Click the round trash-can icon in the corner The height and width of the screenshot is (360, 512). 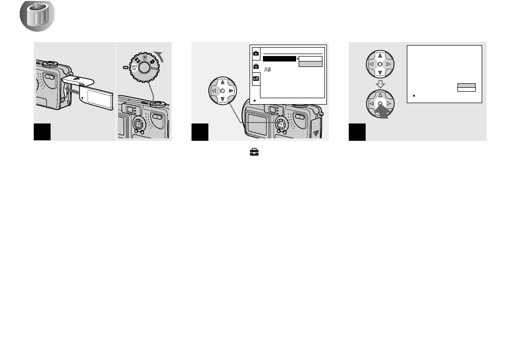37,17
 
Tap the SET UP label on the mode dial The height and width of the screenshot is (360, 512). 134,67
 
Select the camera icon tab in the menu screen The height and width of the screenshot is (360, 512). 256,53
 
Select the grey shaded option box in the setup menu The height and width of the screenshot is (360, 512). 311,64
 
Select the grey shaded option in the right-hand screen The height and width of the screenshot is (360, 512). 466,85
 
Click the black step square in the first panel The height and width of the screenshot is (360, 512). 43,132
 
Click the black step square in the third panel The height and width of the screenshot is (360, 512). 357,132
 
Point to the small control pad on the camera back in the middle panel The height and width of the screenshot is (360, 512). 280,122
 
